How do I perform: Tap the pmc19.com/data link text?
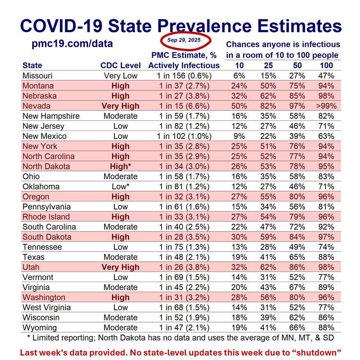click(x=73, y=44)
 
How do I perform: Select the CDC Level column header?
click(x=120, y=65)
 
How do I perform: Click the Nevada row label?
click(x=36, y=106)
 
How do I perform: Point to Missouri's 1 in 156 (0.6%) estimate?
click(x=184, y=75)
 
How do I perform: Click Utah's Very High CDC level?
click(x=120, y=267)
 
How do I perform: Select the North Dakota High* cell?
click(x=120, y=166)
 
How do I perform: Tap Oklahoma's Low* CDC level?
click(x=120, y=186)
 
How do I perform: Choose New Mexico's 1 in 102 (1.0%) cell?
click(x=184, y=136)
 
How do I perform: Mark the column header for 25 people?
click(x=268, y=65)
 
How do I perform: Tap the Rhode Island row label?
click(x=46, y=217)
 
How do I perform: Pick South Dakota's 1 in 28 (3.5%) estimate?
click(x=184, y=237)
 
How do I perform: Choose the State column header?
click(x=32, y=65)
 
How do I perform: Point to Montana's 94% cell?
click(x=325, y=85)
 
